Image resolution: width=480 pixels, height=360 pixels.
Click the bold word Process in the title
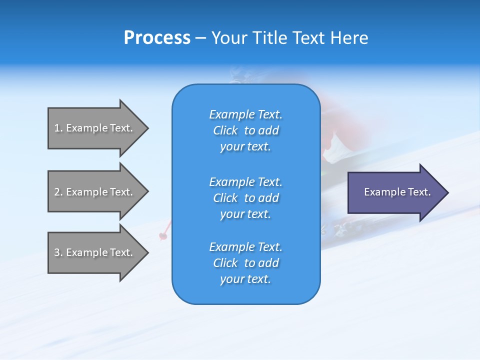tap(157, 38)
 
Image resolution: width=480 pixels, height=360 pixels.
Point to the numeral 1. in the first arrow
tap(58, 128)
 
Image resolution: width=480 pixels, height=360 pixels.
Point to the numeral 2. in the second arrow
tap(58, 192)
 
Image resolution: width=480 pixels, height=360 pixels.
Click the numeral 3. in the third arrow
tap(58, 252)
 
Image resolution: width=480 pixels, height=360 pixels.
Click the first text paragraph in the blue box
tap(245, 130)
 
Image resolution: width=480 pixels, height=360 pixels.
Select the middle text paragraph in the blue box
tap(245, 197)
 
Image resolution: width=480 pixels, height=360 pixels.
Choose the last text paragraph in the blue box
tap(245, 263)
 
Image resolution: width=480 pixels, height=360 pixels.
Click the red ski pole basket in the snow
tap(163, 235)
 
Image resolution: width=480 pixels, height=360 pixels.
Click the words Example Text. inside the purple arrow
tap(397, 192)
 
